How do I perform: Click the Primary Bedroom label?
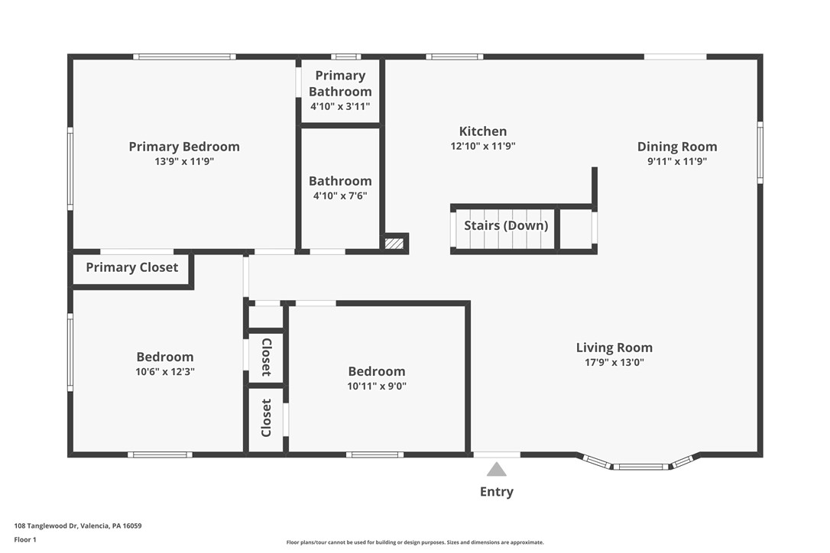(184, 147)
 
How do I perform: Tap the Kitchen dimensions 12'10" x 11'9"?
(483, 146)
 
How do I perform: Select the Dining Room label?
(677, 147)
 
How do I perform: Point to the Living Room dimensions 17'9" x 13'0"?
(614, 363)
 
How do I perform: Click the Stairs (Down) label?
(506, 225)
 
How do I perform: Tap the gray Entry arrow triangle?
(497, 470)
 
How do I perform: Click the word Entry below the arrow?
(497, 492)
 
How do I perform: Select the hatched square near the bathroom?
(394, 244)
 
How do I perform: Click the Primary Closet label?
(131, 267)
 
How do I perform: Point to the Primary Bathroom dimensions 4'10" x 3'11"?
(340, 106)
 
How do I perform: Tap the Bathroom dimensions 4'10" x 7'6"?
(340, 196)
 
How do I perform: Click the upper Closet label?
(266, 357)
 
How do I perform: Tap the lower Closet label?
(266, 418)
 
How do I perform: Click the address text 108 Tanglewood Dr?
(46, 526)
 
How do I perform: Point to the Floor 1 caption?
(25, 540)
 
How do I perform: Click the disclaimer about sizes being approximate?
(415, 542)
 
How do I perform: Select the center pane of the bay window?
(641, 467)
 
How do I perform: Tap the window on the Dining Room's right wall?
(760, 153)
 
